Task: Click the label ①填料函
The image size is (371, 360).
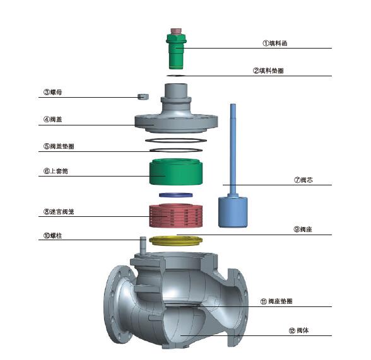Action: point(274,44)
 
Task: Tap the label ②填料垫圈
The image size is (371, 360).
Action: point(268,71)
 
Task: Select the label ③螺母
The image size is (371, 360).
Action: point(52,92)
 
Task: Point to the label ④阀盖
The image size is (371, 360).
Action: point(52,119)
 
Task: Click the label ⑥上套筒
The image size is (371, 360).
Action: point(56,171)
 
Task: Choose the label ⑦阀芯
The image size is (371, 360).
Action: point(303,180)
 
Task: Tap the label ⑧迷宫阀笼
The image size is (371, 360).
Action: point(59,211)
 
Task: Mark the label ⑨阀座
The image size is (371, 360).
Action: point(303,229)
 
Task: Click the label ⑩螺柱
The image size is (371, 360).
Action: point(52,236)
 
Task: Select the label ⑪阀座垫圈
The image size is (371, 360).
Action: point(276,301)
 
